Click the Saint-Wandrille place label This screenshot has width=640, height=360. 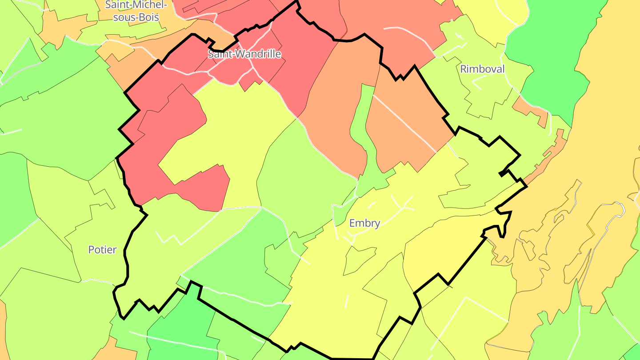tap(244, 54)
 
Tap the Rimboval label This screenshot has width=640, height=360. tap(482, 69)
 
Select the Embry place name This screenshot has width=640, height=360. tap(364, 223)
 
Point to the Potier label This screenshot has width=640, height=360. tap(102, 250)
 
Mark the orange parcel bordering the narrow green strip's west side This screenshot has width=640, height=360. tap(333, 111)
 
